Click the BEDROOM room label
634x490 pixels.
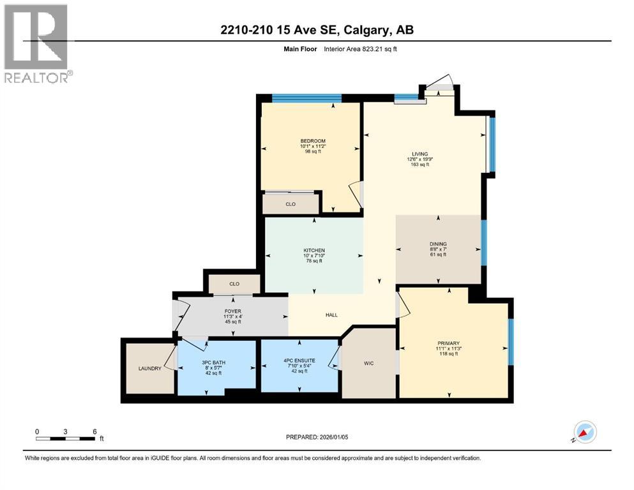coord(313,141)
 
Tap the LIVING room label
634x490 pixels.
coord(419,154)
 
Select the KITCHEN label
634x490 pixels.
coord(314,250)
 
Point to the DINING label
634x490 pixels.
coord(438,244)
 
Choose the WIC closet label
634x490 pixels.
coord(368,363)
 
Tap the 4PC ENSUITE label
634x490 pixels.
coord(299,360)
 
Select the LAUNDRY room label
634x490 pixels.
coord(149,368)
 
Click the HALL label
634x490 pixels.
coord(331,315)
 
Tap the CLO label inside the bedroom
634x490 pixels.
coord(291,204)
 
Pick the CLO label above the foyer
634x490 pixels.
coord(234,284)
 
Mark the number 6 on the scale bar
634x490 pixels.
coord(94,431)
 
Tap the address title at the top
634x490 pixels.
coord(317,30)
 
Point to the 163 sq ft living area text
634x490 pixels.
coord(419,165)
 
